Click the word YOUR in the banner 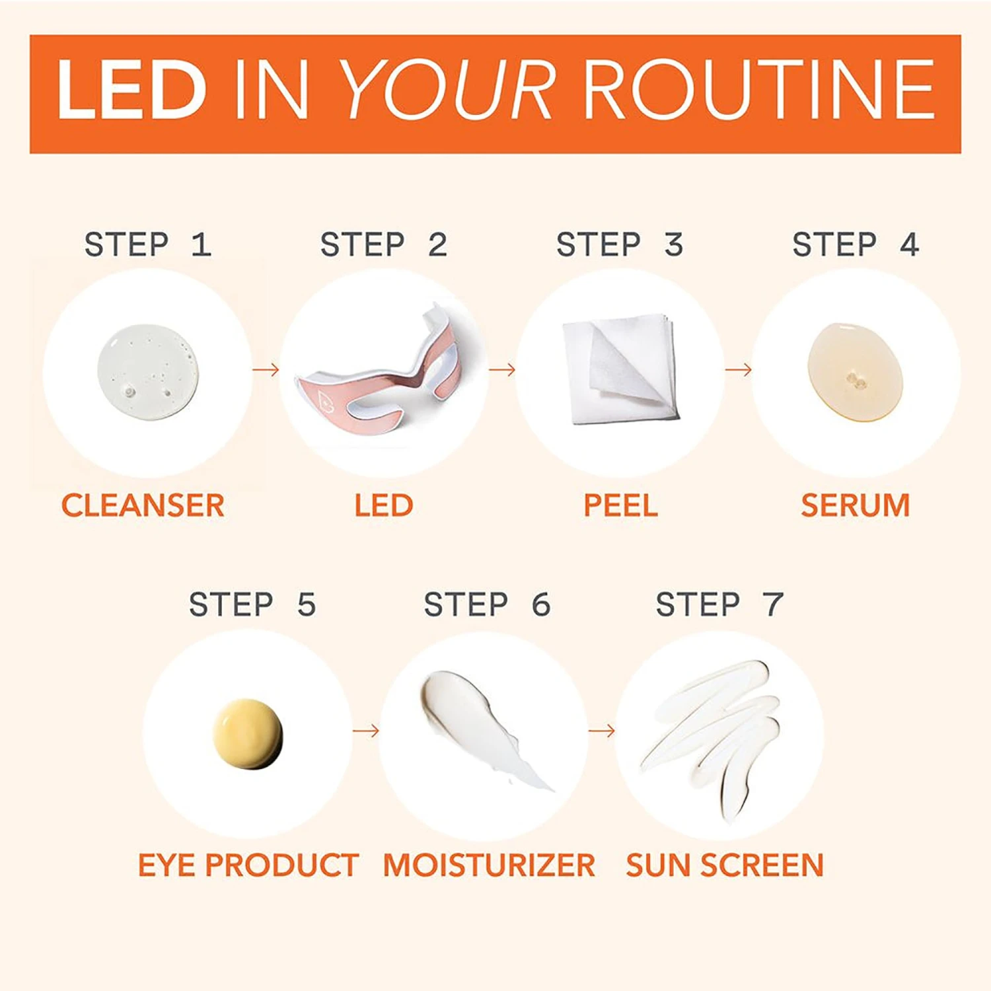click(x=448, y=90)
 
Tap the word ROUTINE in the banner click(x=759, y=90)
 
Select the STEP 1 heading click(x=148, y=245)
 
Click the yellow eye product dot click(x=248, y=734)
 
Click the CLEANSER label click(x=143, y=505)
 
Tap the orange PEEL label click(x=620, y=505)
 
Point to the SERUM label click(x=856, y=505)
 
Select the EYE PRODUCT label click(x=248, y=865)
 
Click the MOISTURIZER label click(x=489, y=865)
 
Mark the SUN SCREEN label click(x=725, y=865)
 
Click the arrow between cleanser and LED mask click(x=266, y=369)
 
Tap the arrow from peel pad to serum click(x=739, y=369)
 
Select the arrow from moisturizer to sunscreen click(x=602, y=731)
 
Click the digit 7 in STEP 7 click(x=772, y=605)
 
